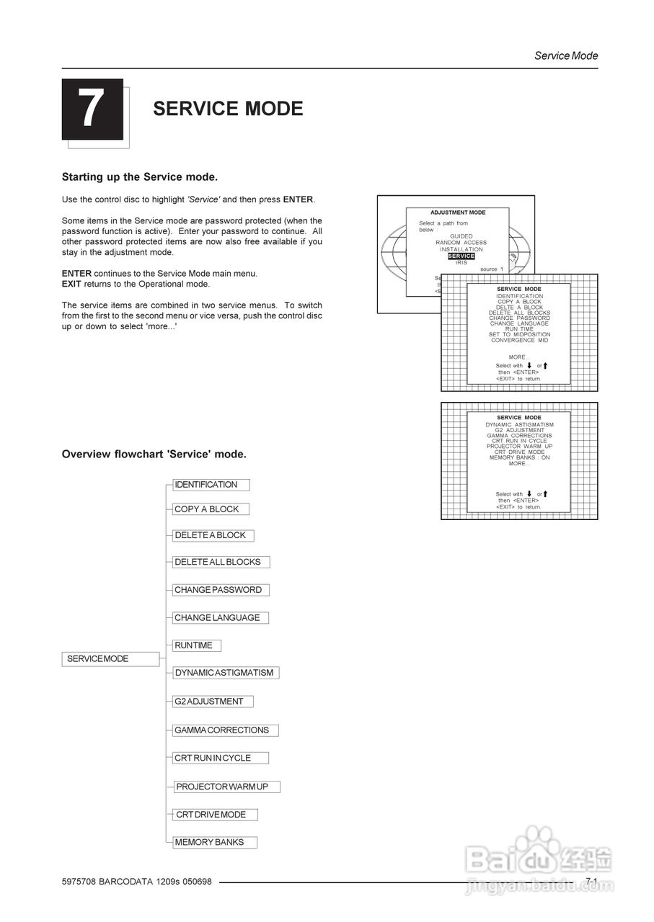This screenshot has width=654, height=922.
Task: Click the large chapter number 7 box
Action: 92,109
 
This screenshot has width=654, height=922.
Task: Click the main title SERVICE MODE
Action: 228,109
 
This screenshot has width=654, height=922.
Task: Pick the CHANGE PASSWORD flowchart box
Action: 221,590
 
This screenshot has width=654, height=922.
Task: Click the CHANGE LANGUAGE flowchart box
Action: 221,618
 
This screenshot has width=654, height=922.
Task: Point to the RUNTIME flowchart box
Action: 197,645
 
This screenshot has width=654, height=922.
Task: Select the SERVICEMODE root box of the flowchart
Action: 110,659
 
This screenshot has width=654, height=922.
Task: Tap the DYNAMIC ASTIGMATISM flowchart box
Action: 226,673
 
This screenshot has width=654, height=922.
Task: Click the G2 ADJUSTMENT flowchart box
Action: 213,702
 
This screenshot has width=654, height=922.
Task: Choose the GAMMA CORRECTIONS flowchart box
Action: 225,730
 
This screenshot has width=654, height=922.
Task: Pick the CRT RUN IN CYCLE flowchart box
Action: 221,758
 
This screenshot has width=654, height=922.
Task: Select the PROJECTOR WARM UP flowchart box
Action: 226,787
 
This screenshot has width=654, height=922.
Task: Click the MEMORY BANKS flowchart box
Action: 215,842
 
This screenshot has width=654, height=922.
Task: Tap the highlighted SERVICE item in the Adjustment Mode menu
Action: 461,256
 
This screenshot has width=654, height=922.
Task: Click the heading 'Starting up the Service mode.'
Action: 140,177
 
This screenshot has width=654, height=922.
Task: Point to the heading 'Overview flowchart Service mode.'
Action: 154,455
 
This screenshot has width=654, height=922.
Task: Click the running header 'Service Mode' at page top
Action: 566,55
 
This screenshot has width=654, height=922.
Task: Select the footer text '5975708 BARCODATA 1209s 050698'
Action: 137,882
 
